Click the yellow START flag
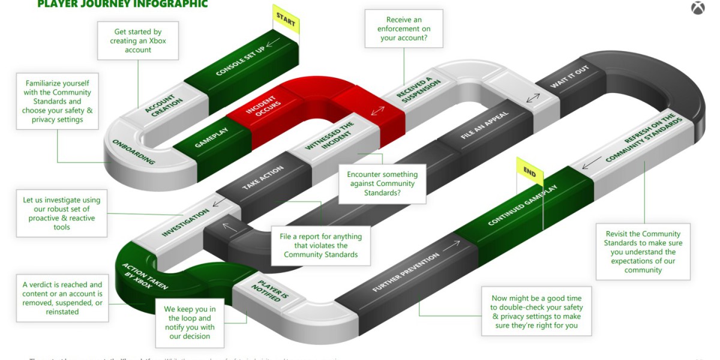(x=286, y=20)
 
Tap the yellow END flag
(x=530, y=174)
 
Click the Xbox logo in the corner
(x=698, y=9)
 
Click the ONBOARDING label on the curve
(x=133, y=152)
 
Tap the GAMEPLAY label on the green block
(x=210, y=137)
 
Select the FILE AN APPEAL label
(x=476, y=125)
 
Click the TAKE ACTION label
(x=263, y=178)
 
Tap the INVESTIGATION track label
(x=185, y=222)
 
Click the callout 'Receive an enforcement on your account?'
(x=404, y=29)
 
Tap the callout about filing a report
(x=320, y=245)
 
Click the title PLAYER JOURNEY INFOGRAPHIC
(x=122, y=4)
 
